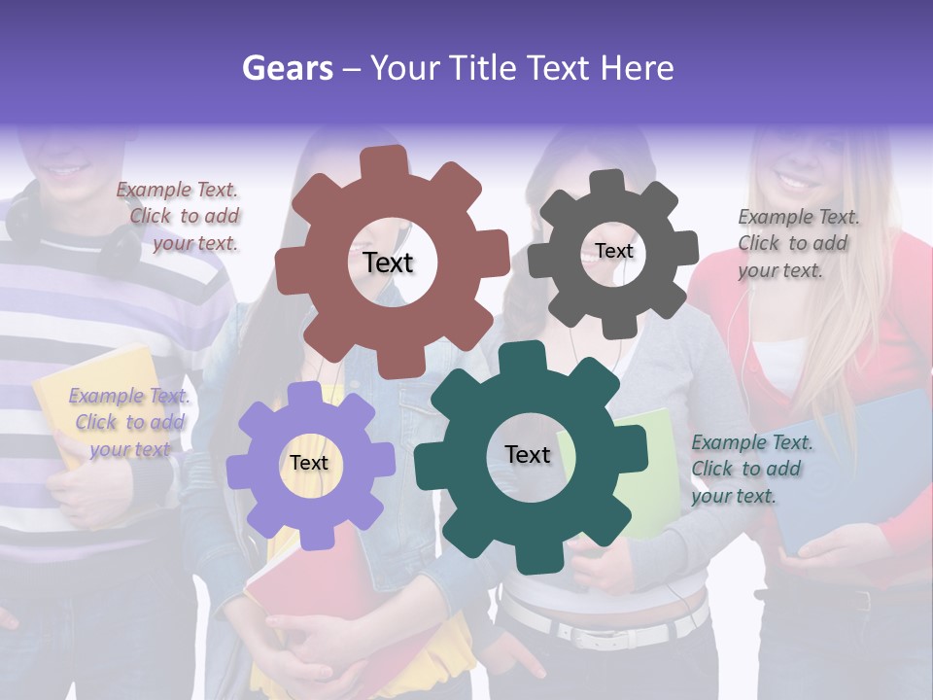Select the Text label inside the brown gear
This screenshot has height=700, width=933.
pyautogui.click(x=388, y=262)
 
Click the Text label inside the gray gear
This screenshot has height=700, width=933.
pyautogui.click(x=613, y=251)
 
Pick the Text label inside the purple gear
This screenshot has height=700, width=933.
pyautogui.click(x=309, y=463)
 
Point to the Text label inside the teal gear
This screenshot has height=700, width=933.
pyautogui.click(x=528, y=454)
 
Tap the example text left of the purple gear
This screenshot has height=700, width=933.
pyautogui.click(x=129, y=422)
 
